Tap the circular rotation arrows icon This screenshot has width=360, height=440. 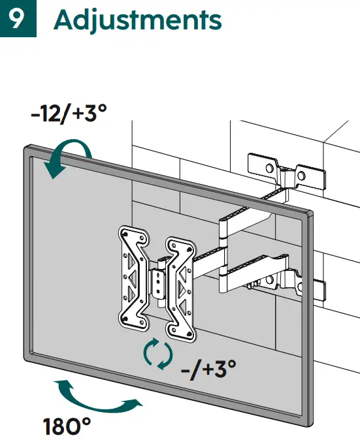[158, 354]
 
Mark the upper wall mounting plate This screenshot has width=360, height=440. [284, 172]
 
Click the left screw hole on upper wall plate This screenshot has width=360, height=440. [268, 168]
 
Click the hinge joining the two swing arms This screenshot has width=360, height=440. [224, 245]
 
